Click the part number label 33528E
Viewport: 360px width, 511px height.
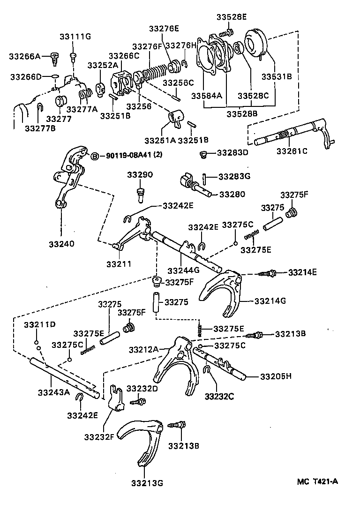point(231,17)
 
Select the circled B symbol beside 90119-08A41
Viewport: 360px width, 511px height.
point(94,156)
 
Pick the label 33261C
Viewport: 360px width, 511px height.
point(292,151)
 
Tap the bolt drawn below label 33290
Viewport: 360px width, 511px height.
point(140,193)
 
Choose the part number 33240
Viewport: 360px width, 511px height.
point(61,243)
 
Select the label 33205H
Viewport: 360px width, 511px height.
point(276,376)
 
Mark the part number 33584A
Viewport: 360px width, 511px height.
point(207,96)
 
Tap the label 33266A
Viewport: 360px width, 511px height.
point(25,57)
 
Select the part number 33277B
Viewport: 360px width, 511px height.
point(40,128)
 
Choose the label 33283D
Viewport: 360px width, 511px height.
point(233,153)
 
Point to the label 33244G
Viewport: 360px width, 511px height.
point(183,271)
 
